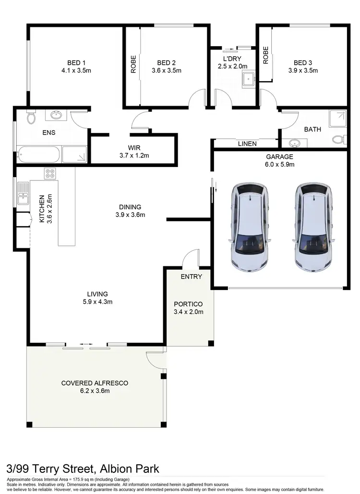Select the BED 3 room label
click(x=302, y=63)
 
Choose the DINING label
click(x=130, y=207)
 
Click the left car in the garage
click(x=249, y=226)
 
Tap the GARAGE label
click(x=280, y=157)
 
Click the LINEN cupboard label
click(x=247, y=144)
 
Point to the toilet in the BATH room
click(x=338, y=139)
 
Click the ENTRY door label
click(x=191, y=277)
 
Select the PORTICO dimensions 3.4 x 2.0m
click(x=189, y=312)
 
